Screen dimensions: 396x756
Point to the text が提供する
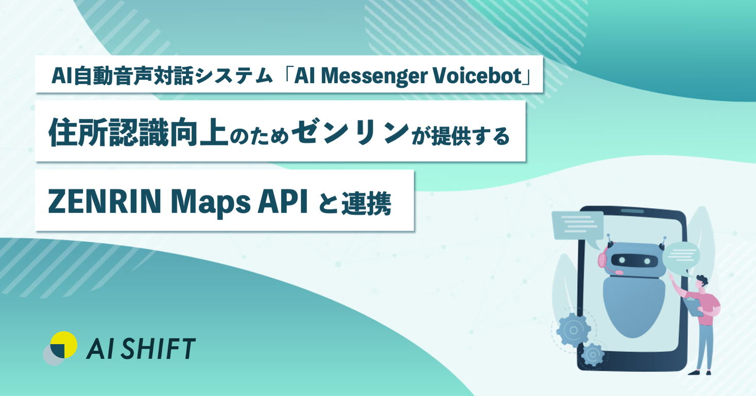click(x=461, y=135)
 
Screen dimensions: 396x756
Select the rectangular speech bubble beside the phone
click(x=577, y=225)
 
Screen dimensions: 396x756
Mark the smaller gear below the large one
click(x=593, y=354)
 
